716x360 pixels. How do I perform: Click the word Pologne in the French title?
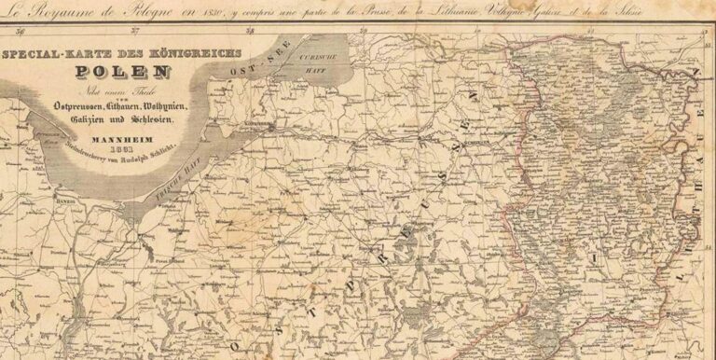[150, 12]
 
